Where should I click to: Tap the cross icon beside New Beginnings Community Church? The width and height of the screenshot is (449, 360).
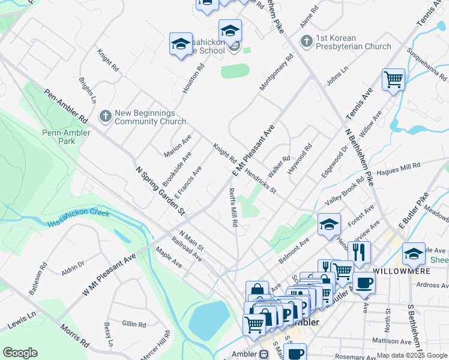pyautogui.click(x=106, y=116)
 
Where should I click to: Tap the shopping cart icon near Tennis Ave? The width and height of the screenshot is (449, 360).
pyautogui.click(x=393, y=79)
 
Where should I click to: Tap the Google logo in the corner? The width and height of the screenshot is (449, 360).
pyautogui.click(x=20, y=353)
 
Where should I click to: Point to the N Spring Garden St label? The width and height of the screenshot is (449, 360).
pyautogui.click(x=160, y=191)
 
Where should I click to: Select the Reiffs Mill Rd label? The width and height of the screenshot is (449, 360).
pyautogui.click(x=234, y=206)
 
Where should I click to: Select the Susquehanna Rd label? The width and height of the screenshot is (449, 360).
pyautogui.click(x=426, y=65)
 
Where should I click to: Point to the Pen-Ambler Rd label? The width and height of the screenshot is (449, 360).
pyautogui.click(x=65, y=107)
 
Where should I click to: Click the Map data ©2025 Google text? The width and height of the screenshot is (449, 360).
pyautogui.click(x=411, y=355)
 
